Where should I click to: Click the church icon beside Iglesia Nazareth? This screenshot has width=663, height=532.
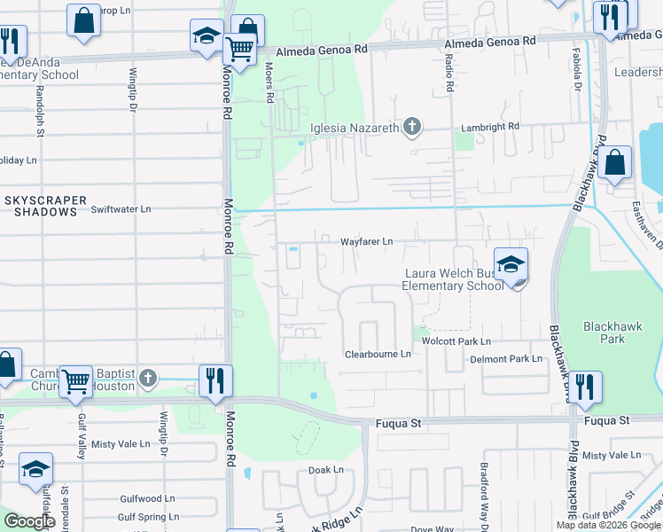click(x=411, y=128)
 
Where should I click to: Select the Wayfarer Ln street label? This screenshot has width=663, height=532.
click(x=366, y=241)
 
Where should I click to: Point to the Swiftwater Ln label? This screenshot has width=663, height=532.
click(x=121, y=209)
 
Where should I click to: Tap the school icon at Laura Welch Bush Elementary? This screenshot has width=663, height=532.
click(x=511, y=265)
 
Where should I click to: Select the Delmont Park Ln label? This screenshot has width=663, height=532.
click(x=505, y=359)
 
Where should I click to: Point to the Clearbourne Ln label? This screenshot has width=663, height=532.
click(x=378, y=355)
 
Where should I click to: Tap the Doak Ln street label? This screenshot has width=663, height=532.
click(x=325, y=470)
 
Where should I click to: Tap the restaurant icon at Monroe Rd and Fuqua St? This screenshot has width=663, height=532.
click(x=215, y=381)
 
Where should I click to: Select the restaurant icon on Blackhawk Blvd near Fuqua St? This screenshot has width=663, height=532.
click(x=584, y=387)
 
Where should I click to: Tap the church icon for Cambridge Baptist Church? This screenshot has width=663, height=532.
click(x=148, y=379)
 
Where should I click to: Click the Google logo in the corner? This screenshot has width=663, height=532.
click(x=29, y=521)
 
